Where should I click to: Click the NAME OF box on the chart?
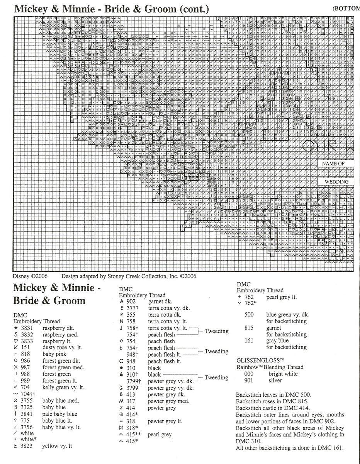coord(331,164)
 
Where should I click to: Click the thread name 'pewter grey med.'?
coord(169,401)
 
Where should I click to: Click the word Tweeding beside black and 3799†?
coord(216,378)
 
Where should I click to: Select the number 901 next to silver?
coord(249,380)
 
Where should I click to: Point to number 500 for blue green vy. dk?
coord(249,315)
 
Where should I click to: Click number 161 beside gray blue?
coord(249,341)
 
